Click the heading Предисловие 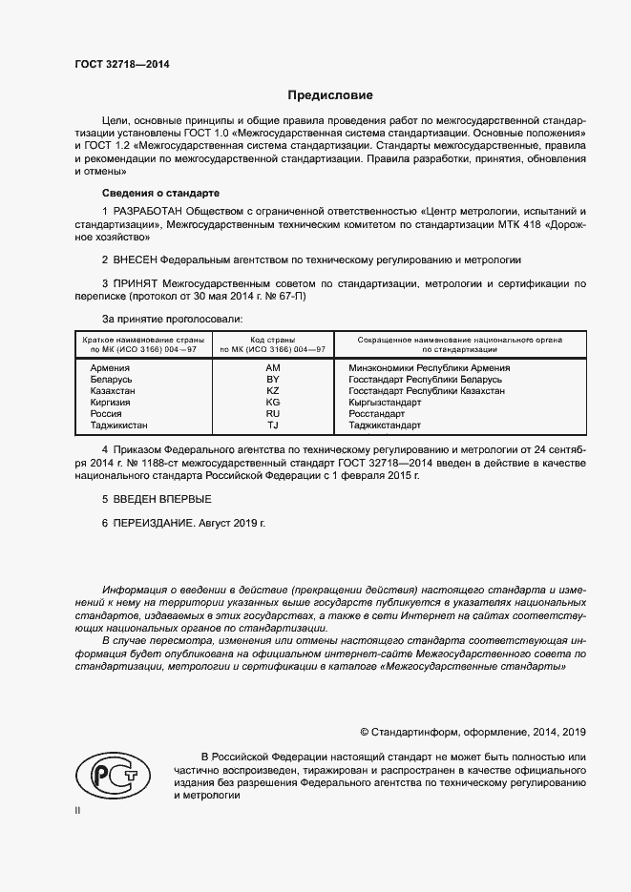click(x=330, y=95)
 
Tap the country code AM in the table click(x=273, y=367)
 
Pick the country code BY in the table click(x=273, y=379)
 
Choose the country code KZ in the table click(x=273, y=391)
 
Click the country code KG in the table click(x=273, y=403)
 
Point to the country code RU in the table click(x=273, y=414)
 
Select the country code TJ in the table click(x=273, y=425)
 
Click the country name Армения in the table click(x=110, y=367)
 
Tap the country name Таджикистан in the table click(x=120, y=425)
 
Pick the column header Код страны click(x=273, y=339)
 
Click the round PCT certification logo click(x=109, y=773)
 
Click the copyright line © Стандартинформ click(x=473, y=732)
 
